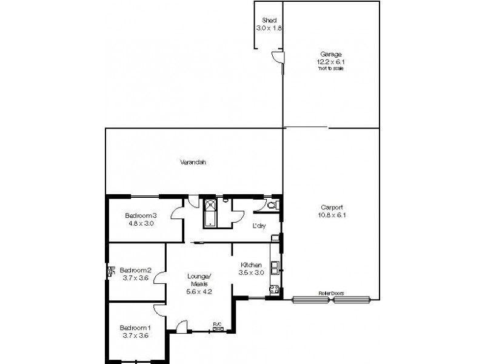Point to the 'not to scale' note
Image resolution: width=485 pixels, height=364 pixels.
tap(330, 68)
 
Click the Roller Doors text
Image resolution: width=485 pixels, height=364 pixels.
tap(331, 293)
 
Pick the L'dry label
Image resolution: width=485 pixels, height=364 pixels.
tap(259, 226)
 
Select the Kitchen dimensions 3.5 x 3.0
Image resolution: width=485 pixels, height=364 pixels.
tap(250, 273)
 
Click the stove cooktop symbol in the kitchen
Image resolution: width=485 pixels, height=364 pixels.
tap(274, 290)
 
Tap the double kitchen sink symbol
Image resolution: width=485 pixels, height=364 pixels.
tap(275, 266)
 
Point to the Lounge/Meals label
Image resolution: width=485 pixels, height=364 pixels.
tap(199, 278)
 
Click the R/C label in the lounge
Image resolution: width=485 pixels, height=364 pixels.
tap(216, 324)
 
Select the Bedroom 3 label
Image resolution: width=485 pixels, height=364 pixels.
tap(141, 215)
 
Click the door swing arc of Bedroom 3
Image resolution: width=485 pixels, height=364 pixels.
tap(177, 212)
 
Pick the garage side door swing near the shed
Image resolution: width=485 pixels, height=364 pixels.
tap(276, 58)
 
